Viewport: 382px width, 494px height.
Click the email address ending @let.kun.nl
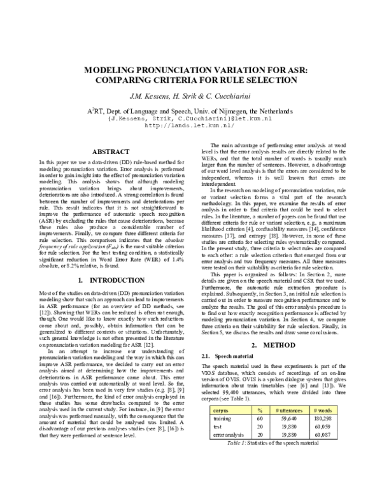(x=191, y=118)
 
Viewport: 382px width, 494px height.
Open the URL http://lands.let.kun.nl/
(x=191, y=125)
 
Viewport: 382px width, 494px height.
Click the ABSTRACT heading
(x=111, y=152)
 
